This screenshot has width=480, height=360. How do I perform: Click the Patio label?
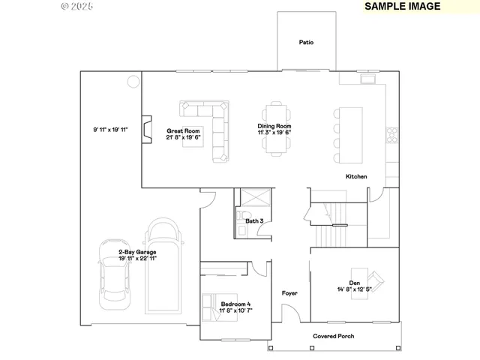tap(306, 43)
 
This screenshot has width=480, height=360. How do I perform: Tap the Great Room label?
tap(180, 130)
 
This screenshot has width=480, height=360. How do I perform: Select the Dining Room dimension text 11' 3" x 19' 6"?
tap(274, 132)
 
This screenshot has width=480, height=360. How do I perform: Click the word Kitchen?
tap(356, 177)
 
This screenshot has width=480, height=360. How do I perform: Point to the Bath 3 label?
tap(254, 220)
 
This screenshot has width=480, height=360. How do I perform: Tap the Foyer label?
tap(289, 293)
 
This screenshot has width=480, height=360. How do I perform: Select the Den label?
tap(355, 283)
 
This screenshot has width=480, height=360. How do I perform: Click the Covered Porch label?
tap(333, 336)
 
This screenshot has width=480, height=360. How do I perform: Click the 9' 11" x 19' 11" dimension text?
tap(110, 130)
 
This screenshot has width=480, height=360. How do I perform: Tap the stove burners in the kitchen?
tap(391, 135)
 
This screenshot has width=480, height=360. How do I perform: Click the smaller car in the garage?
tap(113, 277)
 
